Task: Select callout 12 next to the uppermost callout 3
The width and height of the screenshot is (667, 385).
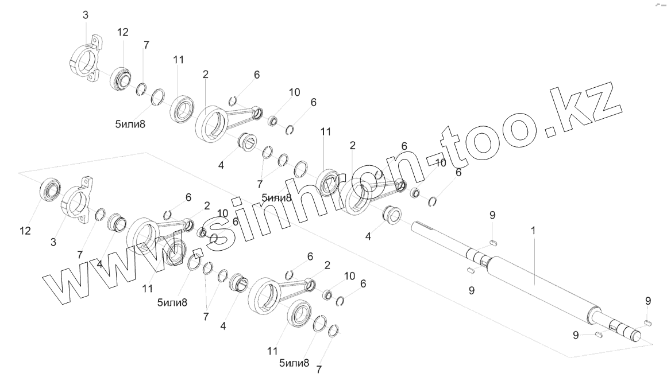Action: coord(122,33)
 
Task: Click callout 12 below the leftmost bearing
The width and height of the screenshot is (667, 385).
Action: coord(24,230)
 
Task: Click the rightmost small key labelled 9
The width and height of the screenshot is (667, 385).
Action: coord(647,322)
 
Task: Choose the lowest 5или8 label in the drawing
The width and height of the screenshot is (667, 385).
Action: coord(294,363)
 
